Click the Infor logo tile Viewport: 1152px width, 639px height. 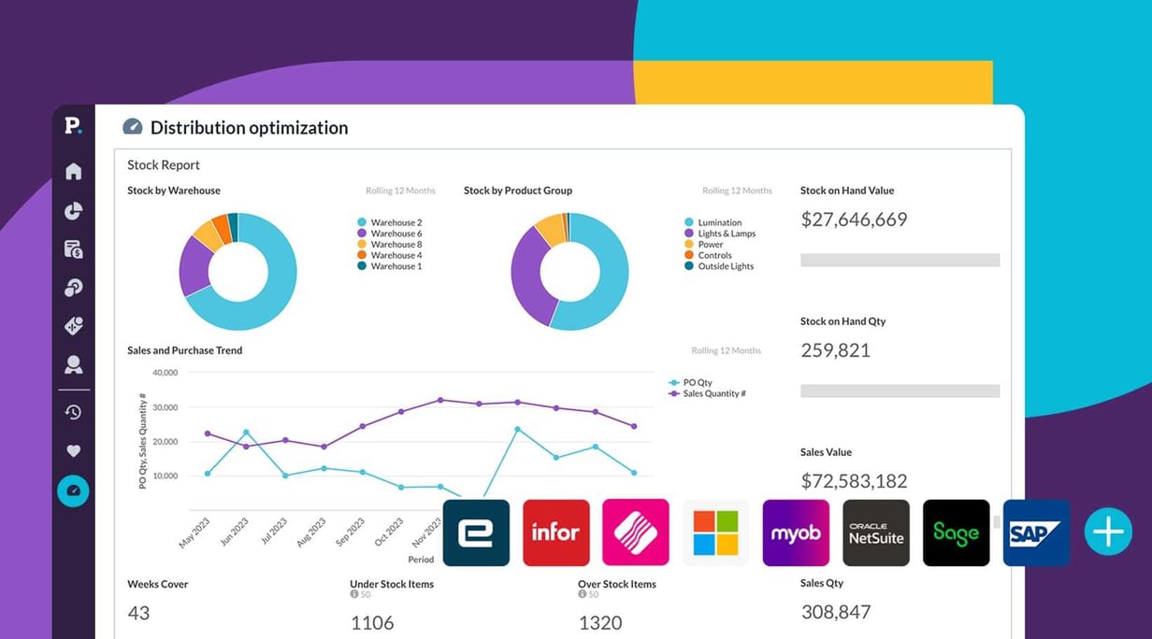point(555,532)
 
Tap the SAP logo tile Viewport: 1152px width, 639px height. point(1036,532)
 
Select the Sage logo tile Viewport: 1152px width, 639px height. point(956,532)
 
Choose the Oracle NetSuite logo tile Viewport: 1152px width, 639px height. point(876,532)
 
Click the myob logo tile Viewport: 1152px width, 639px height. point(796,532)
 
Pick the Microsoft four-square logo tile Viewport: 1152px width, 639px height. point(716,532)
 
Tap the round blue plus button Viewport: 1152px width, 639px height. point(1108,532)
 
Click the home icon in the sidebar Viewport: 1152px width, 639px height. point(73,171)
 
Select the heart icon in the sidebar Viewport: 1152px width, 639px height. point(73,451)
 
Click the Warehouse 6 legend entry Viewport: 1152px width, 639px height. point(396,234)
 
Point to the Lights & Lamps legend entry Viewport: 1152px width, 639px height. point(726,234)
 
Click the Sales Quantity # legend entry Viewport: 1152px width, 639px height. point(713,393)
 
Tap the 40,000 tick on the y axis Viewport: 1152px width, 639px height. point(164,373)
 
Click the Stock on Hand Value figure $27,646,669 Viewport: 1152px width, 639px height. point(854,220)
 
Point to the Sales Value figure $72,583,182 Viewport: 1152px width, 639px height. point(854,481)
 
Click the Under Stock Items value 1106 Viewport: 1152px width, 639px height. point(371,622)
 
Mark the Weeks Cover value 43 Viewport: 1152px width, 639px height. point(138,613)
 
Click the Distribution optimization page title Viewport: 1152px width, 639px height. point(249,128)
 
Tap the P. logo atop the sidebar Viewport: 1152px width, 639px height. point(73,125)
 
